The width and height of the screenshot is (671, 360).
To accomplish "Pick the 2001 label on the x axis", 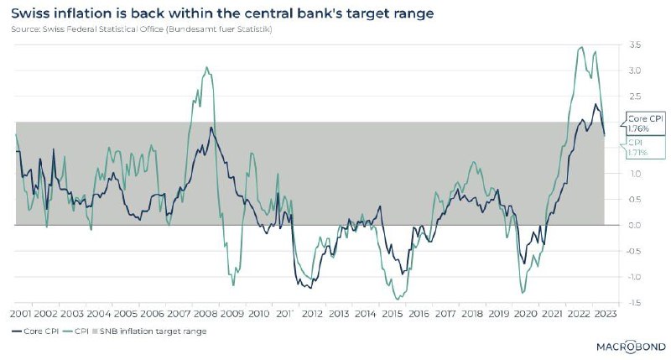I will coord(21,313).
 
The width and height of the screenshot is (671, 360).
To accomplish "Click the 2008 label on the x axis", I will coord(205,313).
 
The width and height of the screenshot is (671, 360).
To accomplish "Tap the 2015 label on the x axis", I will coord(392,313).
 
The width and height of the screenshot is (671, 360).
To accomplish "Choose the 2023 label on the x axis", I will coord(602,313).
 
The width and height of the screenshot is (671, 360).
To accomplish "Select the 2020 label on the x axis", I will coord(523,313).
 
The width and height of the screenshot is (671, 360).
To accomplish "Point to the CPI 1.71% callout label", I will coord(637,149).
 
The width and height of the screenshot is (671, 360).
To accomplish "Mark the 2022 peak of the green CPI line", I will coord(581,47).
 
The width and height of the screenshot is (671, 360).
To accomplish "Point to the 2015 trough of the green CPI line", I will coord(397,300).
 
